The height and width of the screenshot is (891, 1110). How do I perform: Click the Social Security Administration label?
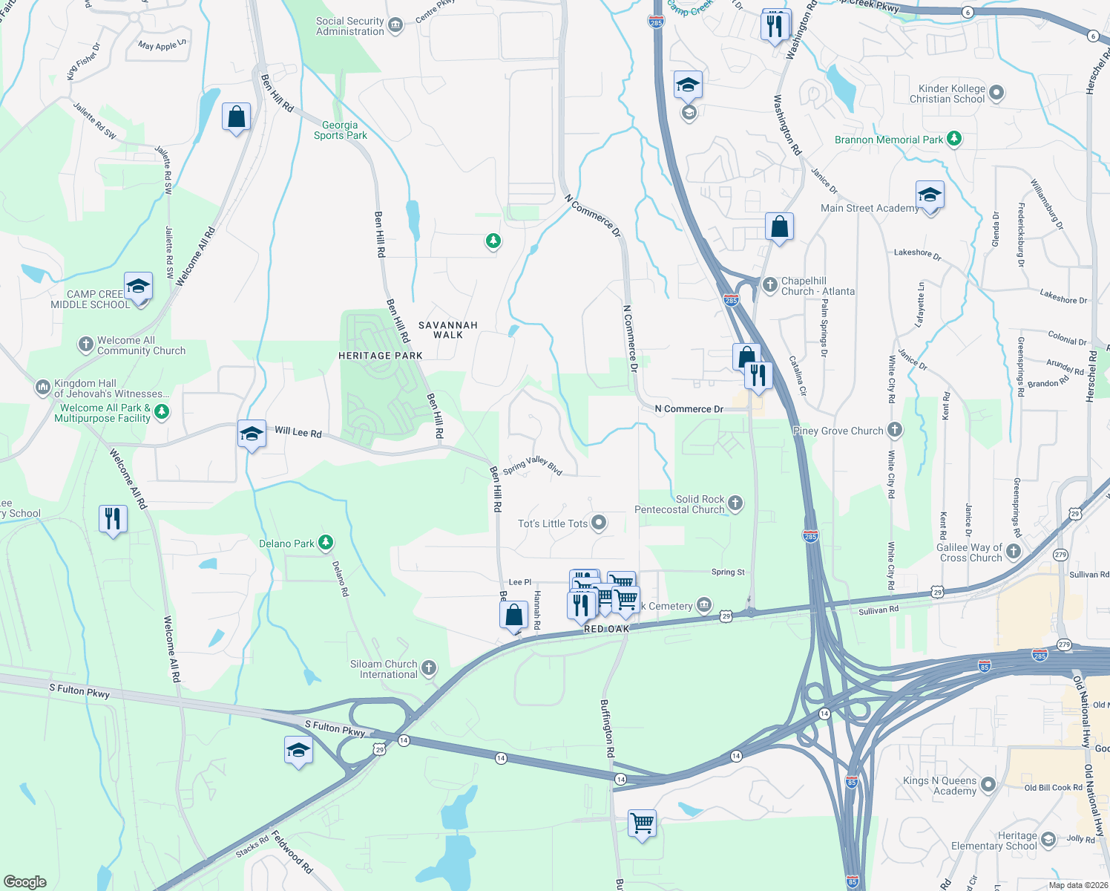[x=350, y=27]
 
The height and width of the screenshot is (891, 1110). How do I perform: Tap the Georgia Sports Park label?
[x=341, y=131]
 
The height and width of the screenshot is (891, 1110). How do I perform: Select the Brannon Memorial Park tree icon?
[x=954, y=139]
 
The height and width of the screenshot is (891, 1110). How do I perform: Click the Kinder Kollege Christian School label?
[x=948, y=94]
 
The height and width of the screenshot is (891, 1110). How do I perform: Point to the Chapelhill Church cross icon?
[x=769, y=284]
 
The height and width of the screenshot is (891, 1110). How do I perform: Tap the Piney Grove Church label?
[x=838, y=431]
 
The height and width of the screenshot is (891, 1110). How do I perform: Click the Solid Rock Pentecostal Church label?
[x=680, y=505]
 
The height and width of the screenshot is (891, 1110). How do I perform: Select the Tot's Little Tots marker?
[x=599, y=523]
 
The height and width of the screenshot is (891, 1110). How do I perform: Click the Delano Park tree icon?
[x=325, y=543]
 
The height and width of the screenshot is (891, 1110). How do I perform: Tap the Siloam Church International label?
[x=384, y=669]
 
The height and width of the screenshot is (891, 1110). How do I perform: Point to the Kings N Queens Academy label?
[x=939, y=786]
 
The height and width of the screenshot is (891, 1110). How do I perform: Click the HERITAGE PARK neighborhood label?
[x=381, y=356]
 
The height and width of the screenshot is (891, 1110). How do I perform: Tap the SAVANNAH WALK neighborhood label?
[x=448, y=330]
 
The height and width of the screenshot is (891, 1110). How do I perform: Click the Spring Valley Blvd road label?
[x=533, y=466]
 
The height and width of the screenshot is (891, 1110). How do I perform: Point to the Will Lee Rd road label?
[x=298, y=431]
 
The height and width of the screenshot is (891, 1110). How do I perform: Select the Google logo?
[x=24, y=882]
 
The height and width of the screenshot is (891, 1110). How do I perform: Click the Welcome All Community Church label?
[x=141, y=345]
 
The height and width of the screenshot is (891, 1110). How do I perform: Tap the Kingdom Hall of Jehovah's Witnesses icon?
[x=42, y=388]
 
